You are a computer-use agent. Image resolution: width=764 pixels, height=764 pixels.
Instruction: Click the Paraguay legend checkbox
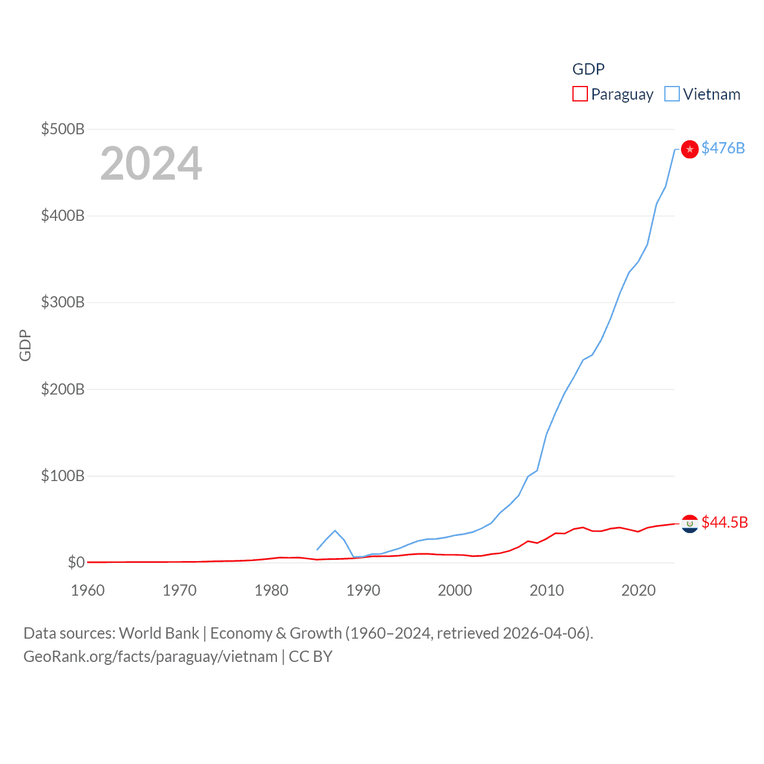580,94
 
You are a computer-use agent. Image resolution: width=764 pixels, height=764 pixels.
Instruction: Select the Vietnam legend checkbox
671,94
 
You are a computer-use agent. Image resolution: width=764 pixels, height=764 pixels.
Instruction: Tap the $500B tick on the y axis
63,129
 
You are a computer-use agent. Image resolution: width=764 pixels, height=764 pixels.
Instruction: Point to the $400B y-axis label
63,215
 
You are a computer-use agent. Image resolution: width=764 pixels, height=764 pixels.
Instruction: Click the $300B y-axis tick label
63,302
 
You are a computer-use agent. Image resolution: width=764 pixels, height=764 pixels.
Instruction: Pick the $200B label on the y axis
63,389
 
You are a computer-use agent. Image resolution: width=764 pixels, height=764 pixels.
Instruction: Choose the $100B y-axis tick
63,476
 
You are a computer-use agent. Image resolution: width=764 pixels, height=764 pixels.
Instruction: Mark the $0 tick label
76,562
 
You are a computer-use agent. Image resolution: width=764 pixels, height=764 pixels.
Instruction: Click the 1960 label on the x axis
88,590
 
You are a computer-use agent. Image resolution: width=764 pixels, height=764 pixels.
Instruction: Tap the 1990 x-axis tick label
363,590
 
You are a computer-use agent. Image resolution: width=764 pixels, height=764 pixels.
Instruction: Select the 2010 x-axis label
547,590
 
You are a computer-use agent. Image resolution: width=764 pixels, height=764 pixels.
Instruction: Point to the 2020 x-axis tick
639,590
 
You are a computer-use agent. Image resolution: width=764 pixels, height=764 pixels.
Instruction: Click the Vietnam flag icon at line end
689,149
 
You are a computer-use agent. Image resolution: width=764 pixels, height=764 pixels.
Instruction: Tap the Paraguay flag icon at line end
689,523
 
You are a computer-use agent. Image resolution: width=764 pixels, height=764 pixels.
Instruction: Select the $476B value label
723,148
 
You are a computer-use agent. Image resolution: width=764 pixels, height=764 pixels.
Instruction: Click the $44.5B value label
725,522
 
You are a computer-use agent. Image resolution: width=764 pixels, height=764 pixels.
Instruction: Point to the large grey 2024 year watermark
151,164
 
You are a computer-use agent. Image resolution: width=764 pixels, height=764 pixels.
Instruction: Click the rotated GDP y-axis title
25,345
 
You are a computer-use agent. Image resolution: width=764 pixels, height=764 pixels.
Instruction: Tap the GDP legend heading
588,69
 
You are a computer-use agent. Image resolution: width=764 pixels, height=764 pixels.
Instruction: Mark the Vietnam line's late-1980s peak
335,531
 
